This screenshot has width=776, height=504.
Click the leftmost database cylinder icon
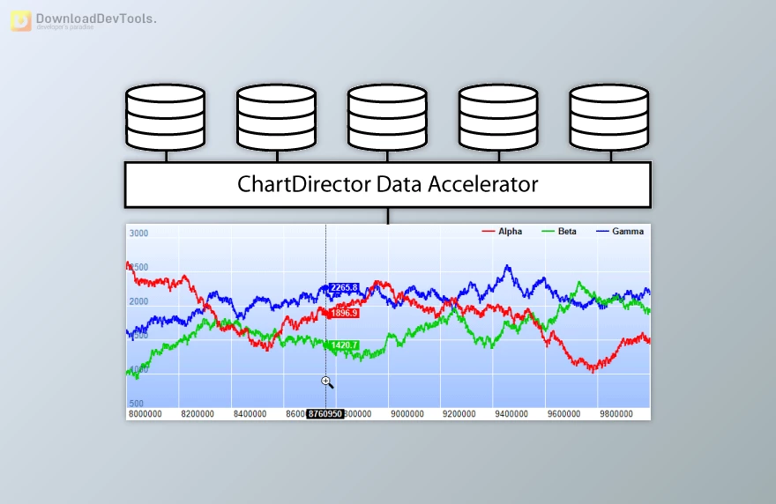tap(166, 117)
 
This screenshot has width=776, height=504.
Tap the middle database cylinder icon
tap(387, 117)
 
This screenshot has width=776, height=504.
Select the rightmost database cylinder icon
tap(609, 117)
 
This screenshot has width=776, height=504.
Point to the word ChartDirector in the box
tap(304, 184)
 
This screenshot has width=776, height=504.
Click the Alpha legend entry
tap(502, 232)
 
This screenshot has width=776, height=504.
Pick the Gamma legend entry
tap(620, 232)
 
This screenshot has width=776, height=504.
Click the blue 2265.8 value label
tap(344, 287)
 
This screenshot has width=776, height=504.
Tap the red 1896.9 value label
tap(344, 313)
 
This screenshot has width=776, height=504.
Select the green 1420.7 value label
tap(344, 345)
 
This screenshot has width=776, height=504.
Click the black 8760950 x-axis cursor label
tap(325, 413)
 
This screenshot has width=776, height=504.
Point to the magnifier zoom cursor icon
tap(327, 382)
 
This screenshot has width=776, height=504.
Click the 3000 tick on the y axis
tap(138, 233)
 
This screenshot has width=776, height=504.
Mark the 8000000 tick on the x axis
tap(148, 413)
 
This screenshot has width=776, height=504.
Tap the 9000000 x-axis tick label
tap(407, 413)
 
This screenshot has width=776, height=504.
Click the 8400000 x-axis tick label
tap(251, 413)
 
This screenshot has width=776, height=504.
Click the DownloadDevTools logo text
tap(95, 19)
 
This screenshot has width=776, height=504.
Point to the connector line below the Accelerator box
tap(387, 215)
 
